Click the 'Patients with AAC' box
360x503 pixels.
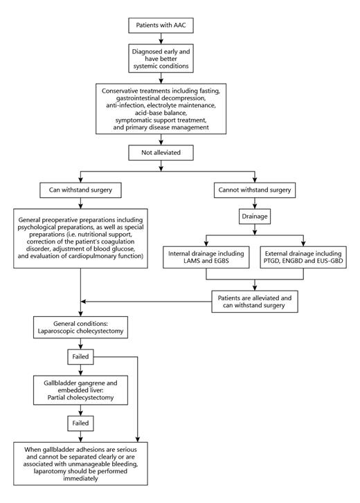coord(161,26)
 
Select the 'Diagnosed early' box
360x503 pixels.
coord(161,57)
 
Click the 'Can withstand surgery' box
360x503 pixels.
coord(81,189)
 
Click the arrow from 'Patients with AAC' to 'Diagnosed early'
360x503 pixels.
coord(161,39)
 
